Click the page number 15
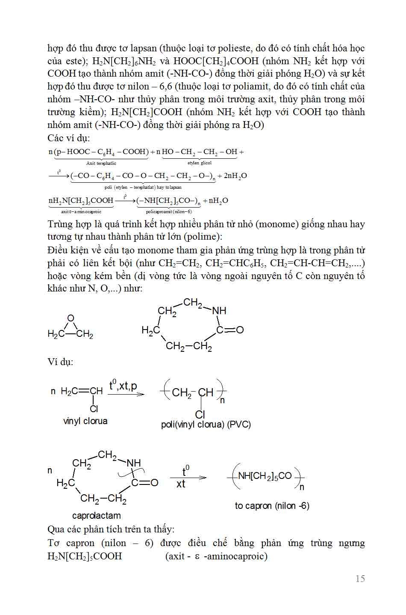coord(360,579)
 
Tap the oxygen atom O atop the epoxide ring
coord(71,318)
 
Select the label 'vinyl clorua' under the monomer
coord(85,421)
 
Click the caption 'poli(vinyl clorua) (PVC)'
coord(206,425)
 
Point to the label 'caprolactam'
coord(96,515)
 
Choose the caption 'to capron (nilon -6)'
coord(272,505)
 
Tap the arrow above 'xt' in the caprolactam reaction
coord(188,478)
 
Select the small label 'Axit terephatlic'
coord(101,163)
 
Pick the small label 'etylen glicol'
coord(200,163)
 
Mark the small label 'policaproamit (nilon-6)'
coord(169,211)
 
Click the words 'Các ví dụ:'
coord(69,138)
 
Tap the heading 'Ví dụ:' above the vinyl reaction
coord(60,362)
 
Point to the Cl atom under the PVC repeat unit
coord(200,414)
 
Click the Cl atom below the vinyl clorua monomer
coord(94,409)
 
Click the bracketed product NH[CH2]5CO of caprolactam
coord(265,476)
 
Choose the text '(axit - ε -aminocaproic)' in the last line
coord(216,556)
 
